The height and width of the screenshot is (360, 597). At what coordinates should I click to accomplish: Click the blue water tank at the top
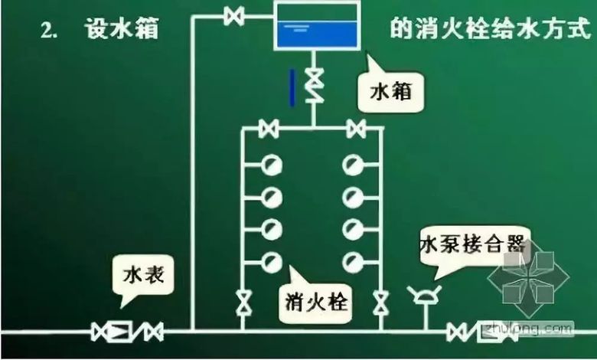tap(317, 25)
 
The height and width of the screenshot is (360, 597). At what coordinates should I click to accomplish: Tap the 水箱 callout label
tap(390, 92)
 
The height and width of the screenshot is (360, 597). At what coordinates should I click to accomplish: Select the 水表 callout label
tap(144, 274)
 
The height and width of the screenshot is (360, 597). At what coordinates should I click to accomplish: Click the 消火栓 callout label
tap(316, 303)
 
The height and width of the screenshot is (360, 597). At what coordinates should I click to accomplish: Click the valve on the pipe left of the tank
tap(233, 16)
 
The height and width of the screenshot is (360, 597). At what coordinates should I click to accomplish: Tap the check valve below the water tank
tap(315, 86)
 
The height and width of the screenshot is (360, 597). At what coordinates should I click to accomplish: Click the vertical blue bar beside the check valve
tap(292, 87)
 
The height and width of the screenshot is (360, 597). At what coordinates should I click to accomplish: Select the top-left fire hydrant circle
tap(272, 165)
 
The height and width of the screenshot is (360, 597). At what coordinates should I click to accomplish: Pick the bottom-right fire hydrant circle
tap(353, 262)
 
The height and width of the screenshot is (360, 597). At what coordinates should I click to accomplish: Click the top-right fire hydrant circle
tap(353, 165)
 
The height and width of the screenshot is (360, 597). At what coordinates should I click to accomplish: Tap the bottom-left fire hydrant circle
tap(272, 262)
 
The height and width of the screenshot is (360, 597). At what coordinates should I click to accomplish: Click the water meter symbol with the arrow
tap(118, 332)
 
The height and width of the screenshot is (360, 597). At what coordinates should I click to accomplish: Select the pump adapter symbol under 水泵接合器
tap(424, 295)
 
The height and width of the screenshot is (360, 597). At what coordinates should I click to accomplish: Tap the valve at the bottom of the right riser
tap(380, 303)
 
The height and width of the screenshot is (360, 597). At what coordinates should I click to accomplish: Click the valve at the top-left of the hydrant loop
tap(269, 129)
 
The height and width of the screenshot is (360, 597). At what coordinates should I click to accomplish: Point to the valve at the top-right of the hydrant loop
tap(357, 129)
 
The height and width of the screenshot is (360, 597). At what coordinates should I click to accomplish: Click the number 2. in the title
tap(49, 31)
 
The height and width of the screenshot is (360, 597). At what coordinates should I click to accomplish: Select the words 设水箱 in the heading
tap(122, 28)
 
